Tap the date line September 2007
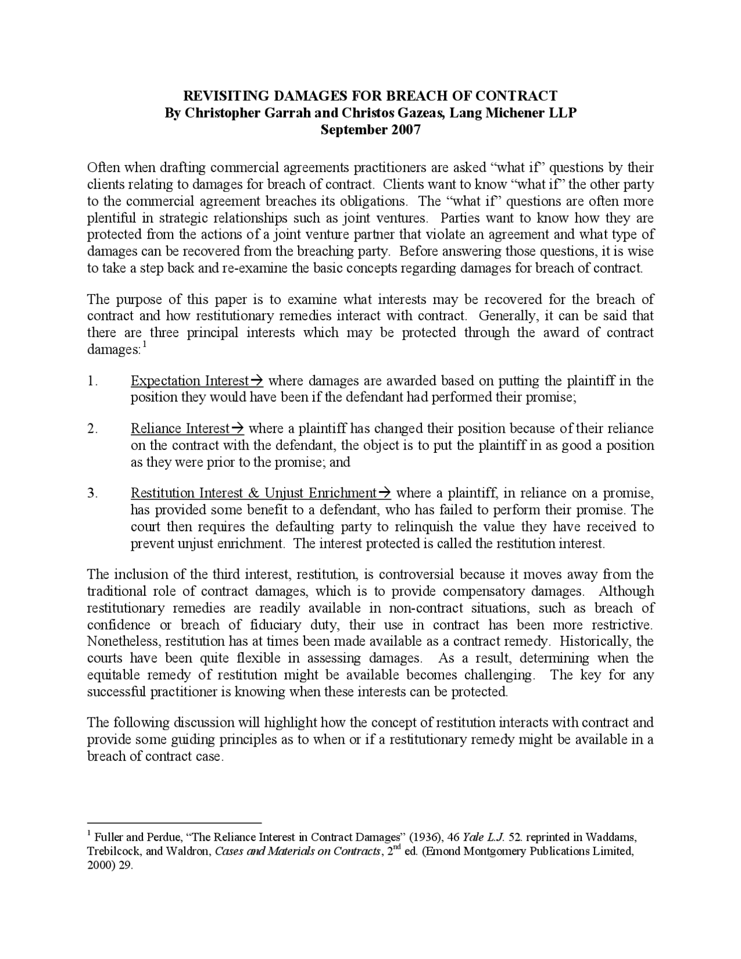pyautogui.click(x=370, y=129)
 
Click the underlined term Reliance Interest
pyautogui.click(x=180, y=429)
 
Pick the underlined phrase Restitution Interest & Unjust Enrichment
pyautogui.click(x=254, y=493)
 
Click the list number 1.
pyautogui.click(x=91, y=381)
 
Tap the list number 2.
pyautogui.click(x=92, y=429)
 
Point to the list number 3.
pyautogui.click(x=92, y=493)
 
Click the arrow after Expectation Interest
pyautogui.click(x=256, y=381)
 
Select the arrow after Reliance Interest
pyautogui.click(x=237, y=429)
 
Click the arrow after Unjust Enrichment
pyautogui.click(x=384, y=493)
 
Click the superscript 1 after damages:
pyautogui.click(x=145, y=346)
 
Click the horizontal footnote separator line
pyautogui.click(x=174, y=822)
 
